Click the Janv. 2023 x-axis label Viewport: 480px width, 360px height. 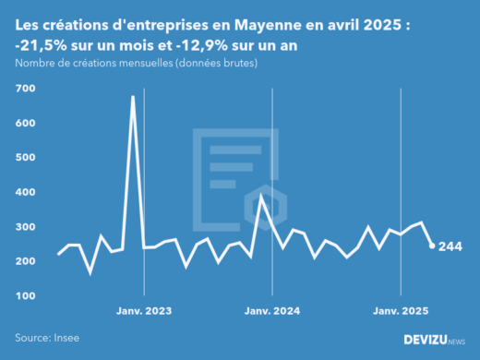tap(144, 310)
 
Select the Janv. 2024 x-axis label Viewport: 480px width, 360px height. tap(272, 310)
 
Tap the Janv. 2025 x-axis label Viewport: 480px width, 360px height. tap(401, 310)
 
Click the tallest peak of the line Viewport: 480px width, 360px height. tap(133, 96)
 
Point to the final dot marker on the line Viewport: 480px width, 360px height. tap(431, 246)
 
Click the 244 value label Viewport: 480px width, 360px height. tap(450, 246)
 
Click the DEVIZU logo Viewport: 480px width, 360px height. tap(433, 340)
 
